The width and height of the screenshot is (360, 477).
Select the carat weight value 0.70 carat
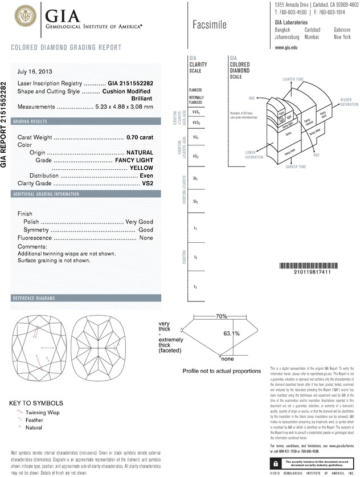point(140,138)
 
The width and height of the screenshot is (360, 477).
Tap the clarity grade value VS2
point(148,184)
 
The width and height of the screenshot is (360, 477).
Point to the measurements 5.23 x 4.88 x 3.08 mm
point(125,107)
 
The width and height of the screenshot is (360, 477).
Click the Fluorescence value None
point(146,237)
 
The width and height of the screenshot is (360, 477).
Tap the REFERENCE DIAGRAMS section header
point(34,299)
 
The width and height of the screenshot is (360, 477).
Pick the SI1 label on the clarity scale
point(195,178)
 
